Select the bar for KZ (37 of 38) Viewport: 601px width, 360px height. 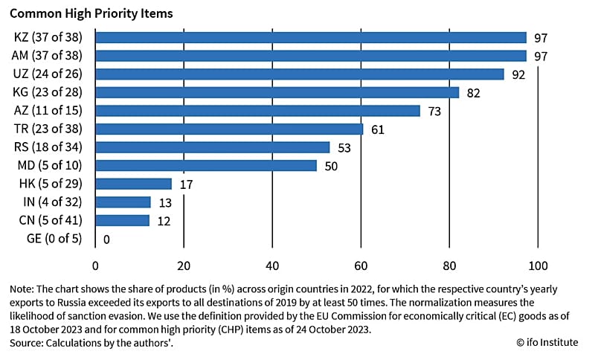(x=310, y=37)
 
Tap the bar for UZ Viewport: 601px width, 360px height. (x=299, y=74)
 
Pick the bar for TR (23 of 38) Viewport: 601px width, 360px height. (x=228, y=129)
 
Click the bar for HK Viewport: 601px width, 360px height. (x=133, y=183)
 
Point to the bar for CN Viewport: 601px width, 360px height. (x=122, y=219)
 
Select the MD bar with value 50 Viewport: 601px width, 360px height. (x=205, y=165)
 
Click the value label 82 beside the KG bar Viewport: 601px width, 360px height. (x=474, y=93)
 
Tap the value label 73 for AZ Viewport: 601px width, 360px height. (x=434, y=111)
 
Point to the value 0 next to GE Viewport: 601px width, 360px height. (x=107, y=239)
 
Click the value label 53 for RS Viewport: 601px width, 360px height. (x=344, y=147)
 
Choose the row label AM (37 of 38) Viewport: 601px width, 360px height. (x=48, y=56)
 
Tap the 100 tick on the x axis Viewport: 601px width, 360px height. (x=537, y=266)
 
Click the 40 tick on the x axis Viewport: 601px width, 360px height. (x=272, y=266)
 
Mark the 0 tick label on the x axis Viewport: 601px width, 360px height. (x=95, y=266)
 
